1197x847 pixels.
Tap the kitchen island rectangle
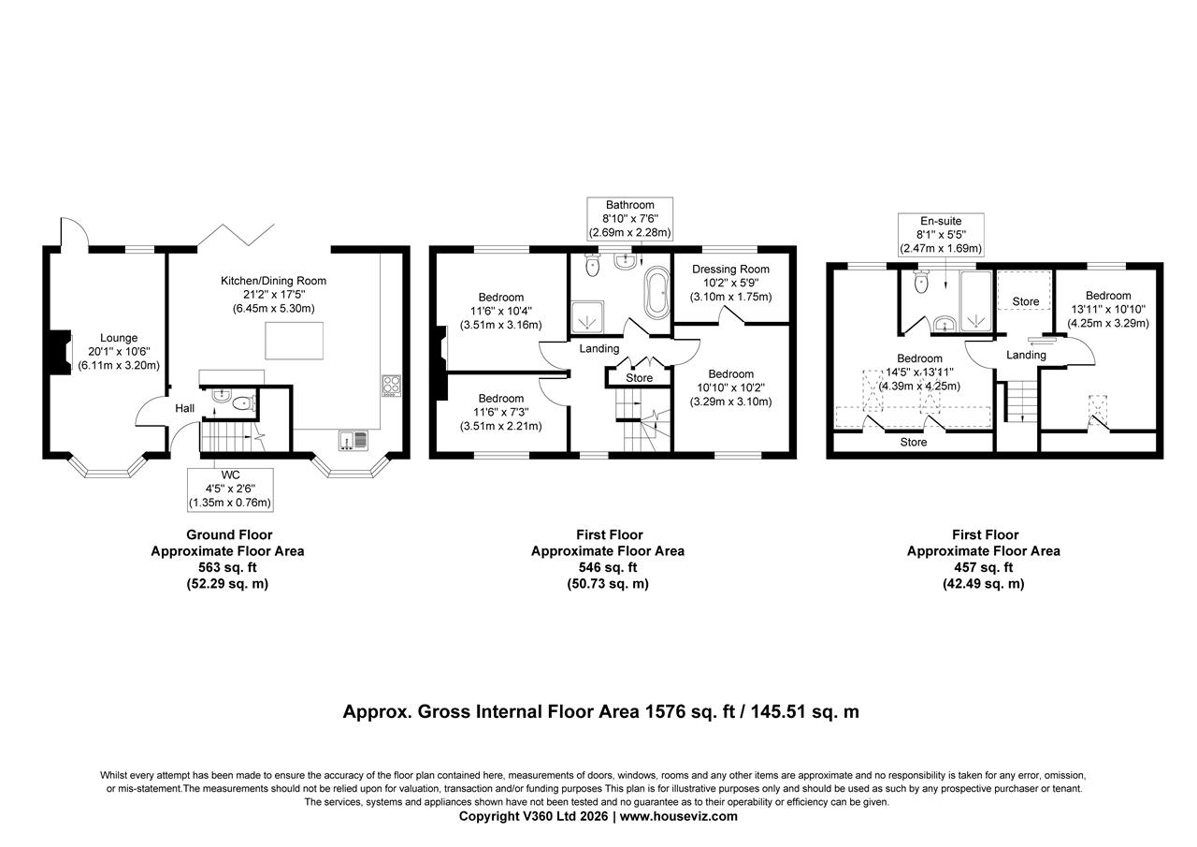(x=295, y=340)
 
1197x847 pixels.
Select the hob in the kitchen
(x=392, y=385)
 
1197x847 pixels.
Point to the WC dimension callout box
(x=230, y=489)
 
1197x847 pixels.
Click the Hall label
(x=184, y=408)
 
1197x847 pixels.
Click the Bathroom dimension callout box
(x=629, y=218)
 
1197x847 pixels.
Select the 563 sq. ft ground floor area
(x=227, y=567)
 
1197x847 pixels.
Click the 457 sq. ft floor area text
(x=983, y=567)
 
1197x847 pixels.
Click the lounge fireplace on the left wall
(x=61, y=351)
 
